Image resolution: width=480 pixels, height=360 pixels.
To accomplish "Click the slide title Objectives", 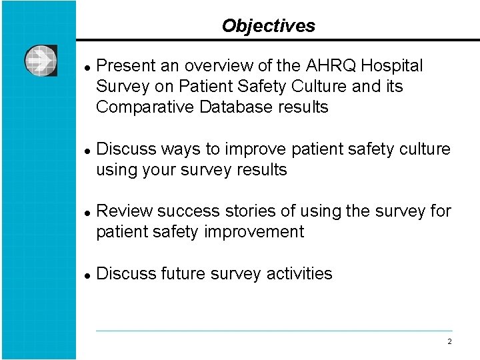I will click(x=268, y=26).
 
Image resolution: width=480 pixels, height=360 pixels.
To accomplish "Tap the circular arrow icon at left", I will click(x=41, y=61).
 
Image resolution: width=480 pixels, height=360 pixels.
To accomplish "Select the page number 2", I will click(x=449, y=341).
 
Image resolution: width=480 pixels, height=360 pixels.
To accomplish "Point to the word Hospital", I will click(x=393, y=66).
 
